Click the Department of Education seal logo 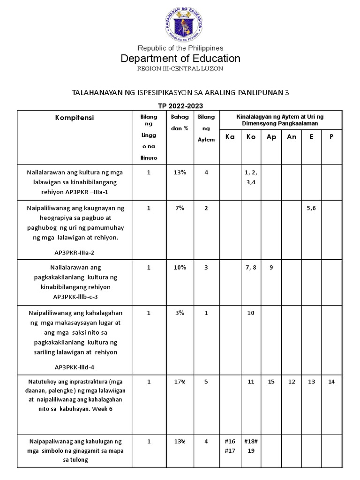pos(180,23)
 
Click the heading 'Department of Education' pos(180,59)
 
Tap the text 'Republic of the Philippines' pos(180,48)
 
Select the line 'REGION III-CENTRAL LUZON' pos(180,68)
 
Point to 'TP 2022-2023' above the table pos(180,105)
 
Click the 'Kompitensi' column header pos(74,118)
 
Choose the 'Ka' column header pos(230,137)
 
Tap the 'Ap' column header pos(271,137)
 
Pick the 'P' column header pos(331,137)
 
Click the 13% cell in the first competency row pos(180,172)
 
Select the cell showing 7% pos(180,208)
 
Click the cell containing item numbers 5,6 pos(311,208)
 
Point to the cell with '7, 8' pos(251,267)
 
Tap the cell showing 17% pos(180,382)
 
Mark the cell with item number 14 pos(331,382)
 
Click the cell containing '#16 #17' pos(230,446)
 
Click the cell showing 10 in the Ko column pos(251,313)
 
